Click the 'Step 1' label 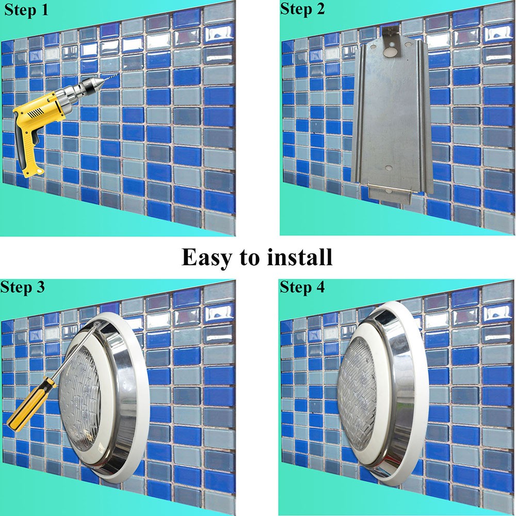(26, 9)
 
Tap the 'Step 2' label (302, 9)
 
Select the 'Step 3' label (22, 287)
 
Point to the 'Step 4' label (302, 287)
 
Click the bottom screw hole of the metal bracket (389, 168)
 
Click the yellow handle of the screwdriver (32, 405)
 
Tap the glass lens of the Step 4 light (357, 389)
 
